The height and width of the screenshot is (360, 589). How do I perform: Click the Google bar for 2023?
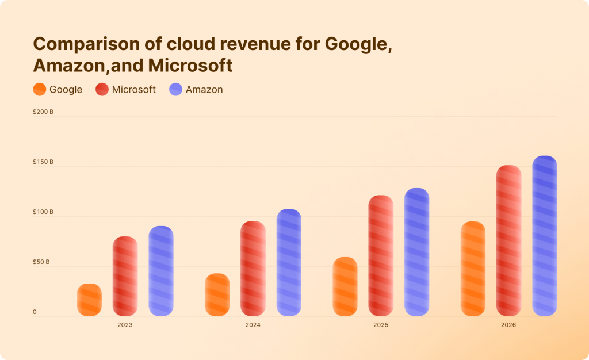[89, 300]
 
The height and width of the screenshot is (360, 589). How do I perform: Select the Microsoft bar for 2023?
[125, 276]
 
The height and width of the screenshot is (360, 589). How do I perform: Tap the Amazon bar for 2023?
[161, 271]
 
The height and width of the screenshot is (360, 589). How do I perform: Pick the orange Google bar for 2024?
[217, 294]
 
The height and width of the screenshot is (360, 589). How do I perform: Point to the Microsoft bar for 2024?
[253, 269]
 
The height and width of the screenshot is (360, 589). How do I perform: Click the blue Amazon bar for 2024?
[289, 262]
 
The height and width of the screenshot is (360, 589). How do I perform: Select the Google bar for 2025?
[345, 286]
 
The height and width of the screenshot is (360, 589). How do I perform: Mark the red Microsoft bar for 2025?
[381, 255]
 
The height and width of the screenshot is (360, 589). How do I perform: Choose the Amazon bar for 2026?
[544, 236]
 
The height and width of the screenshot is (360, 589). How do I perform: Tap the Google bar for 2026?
[473, 269]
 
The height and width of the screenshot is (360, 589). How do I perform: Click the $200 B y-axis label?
[43, 112]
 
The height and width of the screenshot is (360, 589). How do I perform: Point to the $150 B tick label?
[43, 162]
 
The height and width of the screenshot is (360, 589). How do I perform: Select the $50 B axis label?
[41, 262]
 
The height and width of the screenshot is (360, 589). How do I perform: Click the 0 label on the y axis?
[35, 312]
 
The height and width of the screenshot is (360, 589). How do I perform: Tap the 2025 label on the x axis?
[381, 325]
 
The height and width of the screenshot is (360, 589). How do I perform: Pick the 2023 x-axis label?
[125, 325]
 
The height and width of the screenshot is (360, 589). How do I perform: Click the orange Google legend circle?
[40, 90]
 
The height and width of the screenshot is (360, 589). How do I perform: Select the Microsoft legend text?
[133, 90]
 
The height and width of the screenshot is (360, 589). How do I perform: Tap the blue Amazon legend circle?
[175, 90]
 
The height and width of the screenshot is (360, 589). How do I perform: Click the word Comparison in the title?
[78, 44]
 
